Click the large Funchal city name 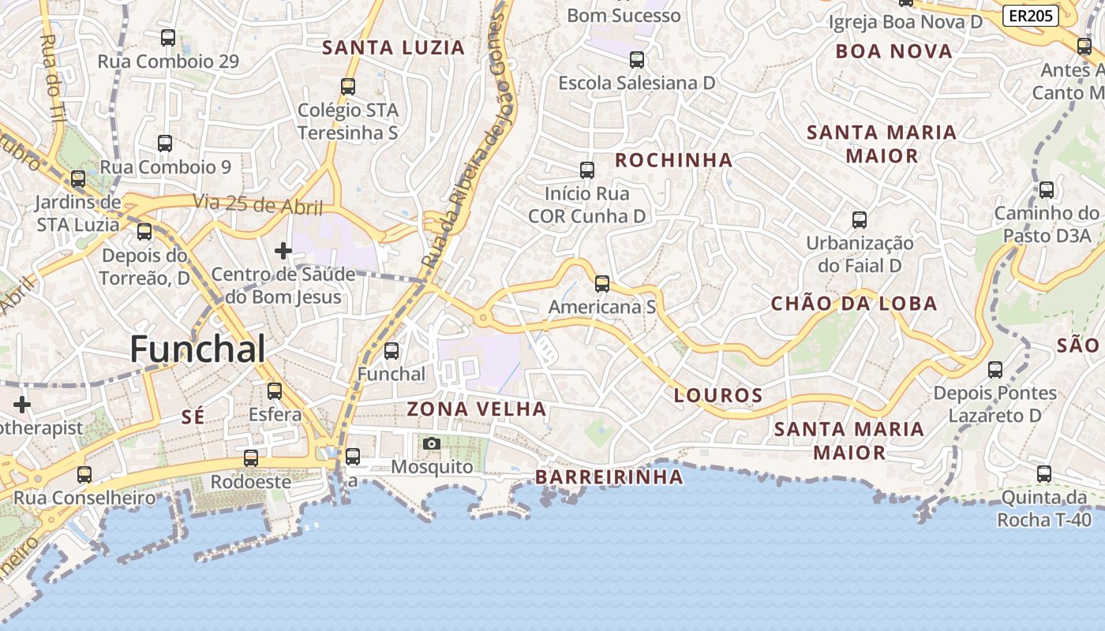coord(197,349)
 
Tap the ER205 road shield coord(1031,15)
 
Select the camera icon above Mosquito coord(431,444)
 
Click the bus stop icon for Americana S coord(602,284)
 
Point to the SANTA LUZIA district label coord(393,47)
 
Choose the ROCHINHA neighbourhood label coord(673,160)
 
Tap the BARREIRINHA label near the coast coord(609,476)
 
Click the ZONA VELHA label coord(476,409)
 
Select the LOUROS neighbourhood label coord(717,395)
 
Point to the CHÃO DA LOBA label coord(853,304)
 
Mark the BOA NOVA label coord(893,51)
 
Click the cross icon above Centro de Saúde coord(283,251)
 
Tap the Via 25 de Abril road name coord(258,204)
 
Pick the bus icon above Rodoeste coord(250,458)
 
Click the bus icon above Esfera coord(274,390)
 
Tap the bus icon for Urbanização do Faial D coord(860,220)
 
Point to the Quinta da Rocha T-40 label coord(1043,509)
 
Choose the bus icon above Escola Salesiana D coord(636,59)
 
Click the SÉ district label coord(193,417)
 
